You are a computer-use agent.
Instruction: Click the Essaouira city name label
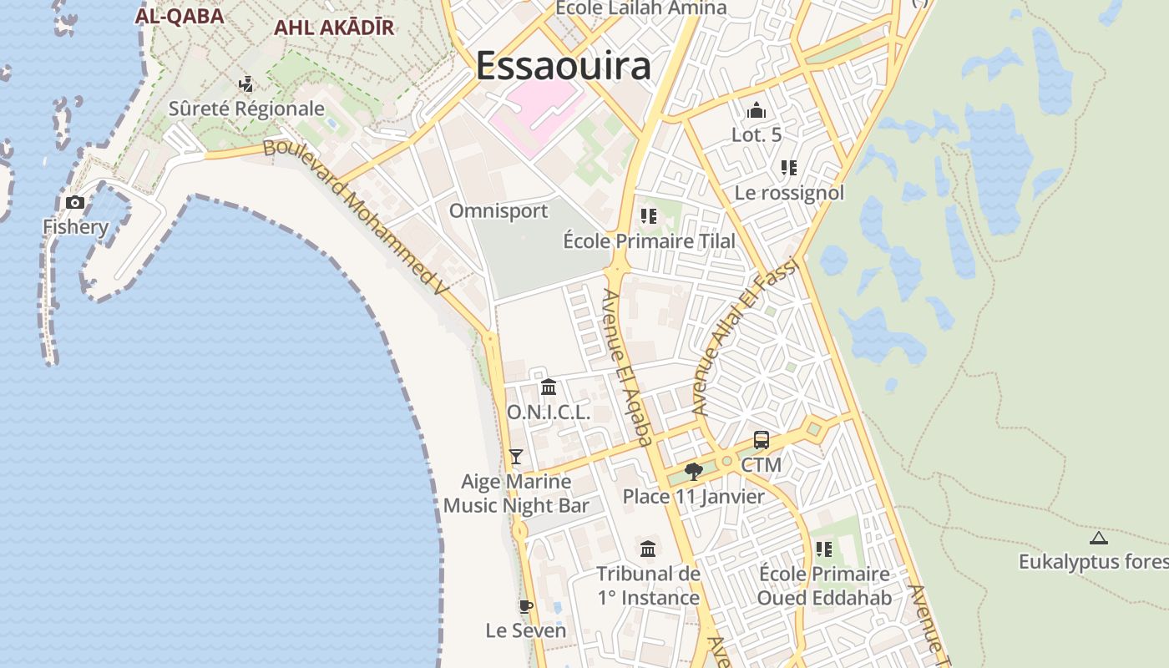tap(563, 65)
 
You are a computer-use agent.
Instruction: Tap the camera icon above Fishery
tap(75, 202)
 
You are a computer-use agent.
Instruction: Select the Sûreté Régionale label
tap(246, 109)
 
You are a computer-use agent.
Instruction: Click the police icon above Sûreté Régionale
tap(245, 83)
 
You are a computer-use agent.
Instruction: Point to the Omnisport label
tap(498, 210)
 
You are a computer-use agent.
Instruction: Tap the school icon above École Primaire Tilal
tap(649, 216)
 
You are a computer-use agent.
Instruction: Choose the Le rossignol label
tap(789, 193)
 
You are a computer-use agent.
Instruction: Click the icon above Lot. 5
tap(757, 110)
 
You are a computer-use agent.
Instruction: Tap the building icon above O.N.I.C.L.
tap(549, 387)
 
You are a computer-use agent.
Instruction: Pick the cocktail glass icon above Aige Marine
tap(516, 456)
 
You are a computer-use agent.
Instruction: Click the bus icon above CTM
tap(761, 440)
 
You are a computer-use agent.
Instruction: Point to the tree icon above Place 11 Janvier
tap(693, 472)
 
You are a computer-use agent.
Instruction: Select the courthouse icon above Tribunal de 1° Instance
tap(648, 549)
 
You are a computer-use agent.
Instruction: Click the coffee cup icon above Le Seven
tap(525, 606)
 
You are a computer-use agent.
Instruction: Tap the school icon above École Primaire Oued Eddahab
tap(824, 549)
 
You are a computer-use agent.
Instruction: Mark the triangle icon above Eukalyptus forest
tap(1098, 538)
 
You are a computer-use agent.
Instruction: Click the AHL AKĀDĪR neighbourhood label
tap(334, 28)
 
